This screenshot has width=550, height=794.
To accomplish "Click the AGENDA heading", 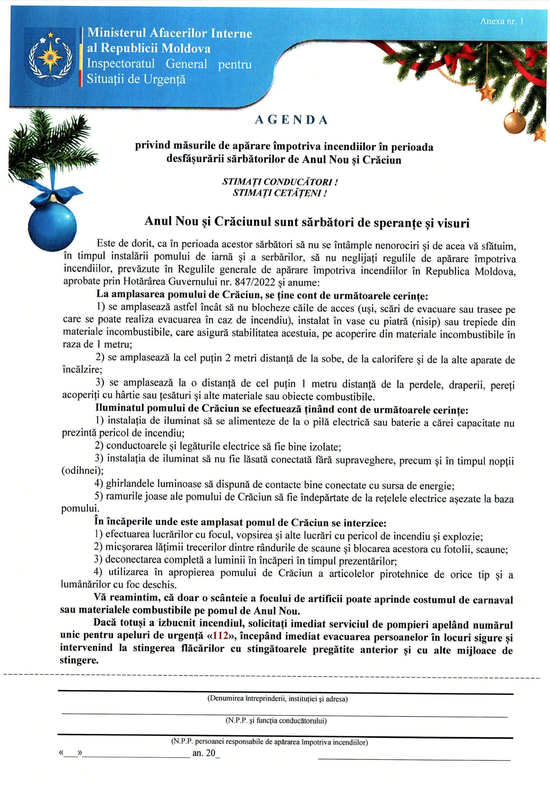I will pos(291,120).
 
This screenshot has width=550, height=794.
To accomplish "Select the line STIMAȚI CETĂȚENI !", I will pos(279,193).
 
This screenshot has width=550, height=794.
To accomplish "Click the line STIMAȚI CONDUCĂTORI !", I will pos(279,181).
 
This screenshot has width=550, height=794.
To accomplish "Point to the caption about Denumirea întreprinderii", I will pos(277,699).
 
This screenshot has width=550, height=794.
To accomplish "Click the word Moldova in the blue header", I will pos(186,49).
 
